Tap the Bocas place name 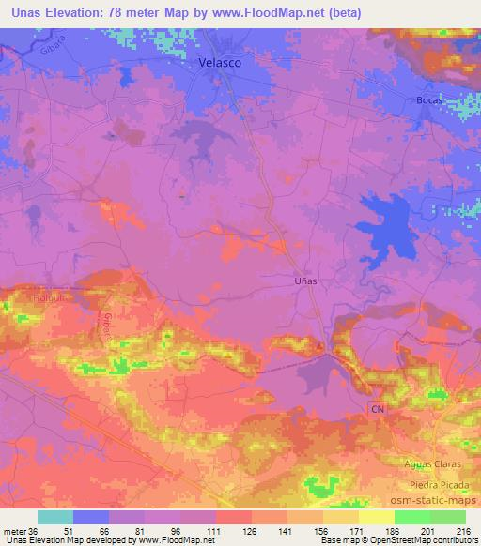coord(428,99)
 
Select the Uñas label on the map coord(304,280)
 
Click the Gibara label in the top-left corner coord(56,48)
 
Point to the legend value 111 coord(215,531)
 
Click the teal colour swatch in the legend coord(55,517)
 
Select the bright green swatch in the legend coord(412,517)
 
